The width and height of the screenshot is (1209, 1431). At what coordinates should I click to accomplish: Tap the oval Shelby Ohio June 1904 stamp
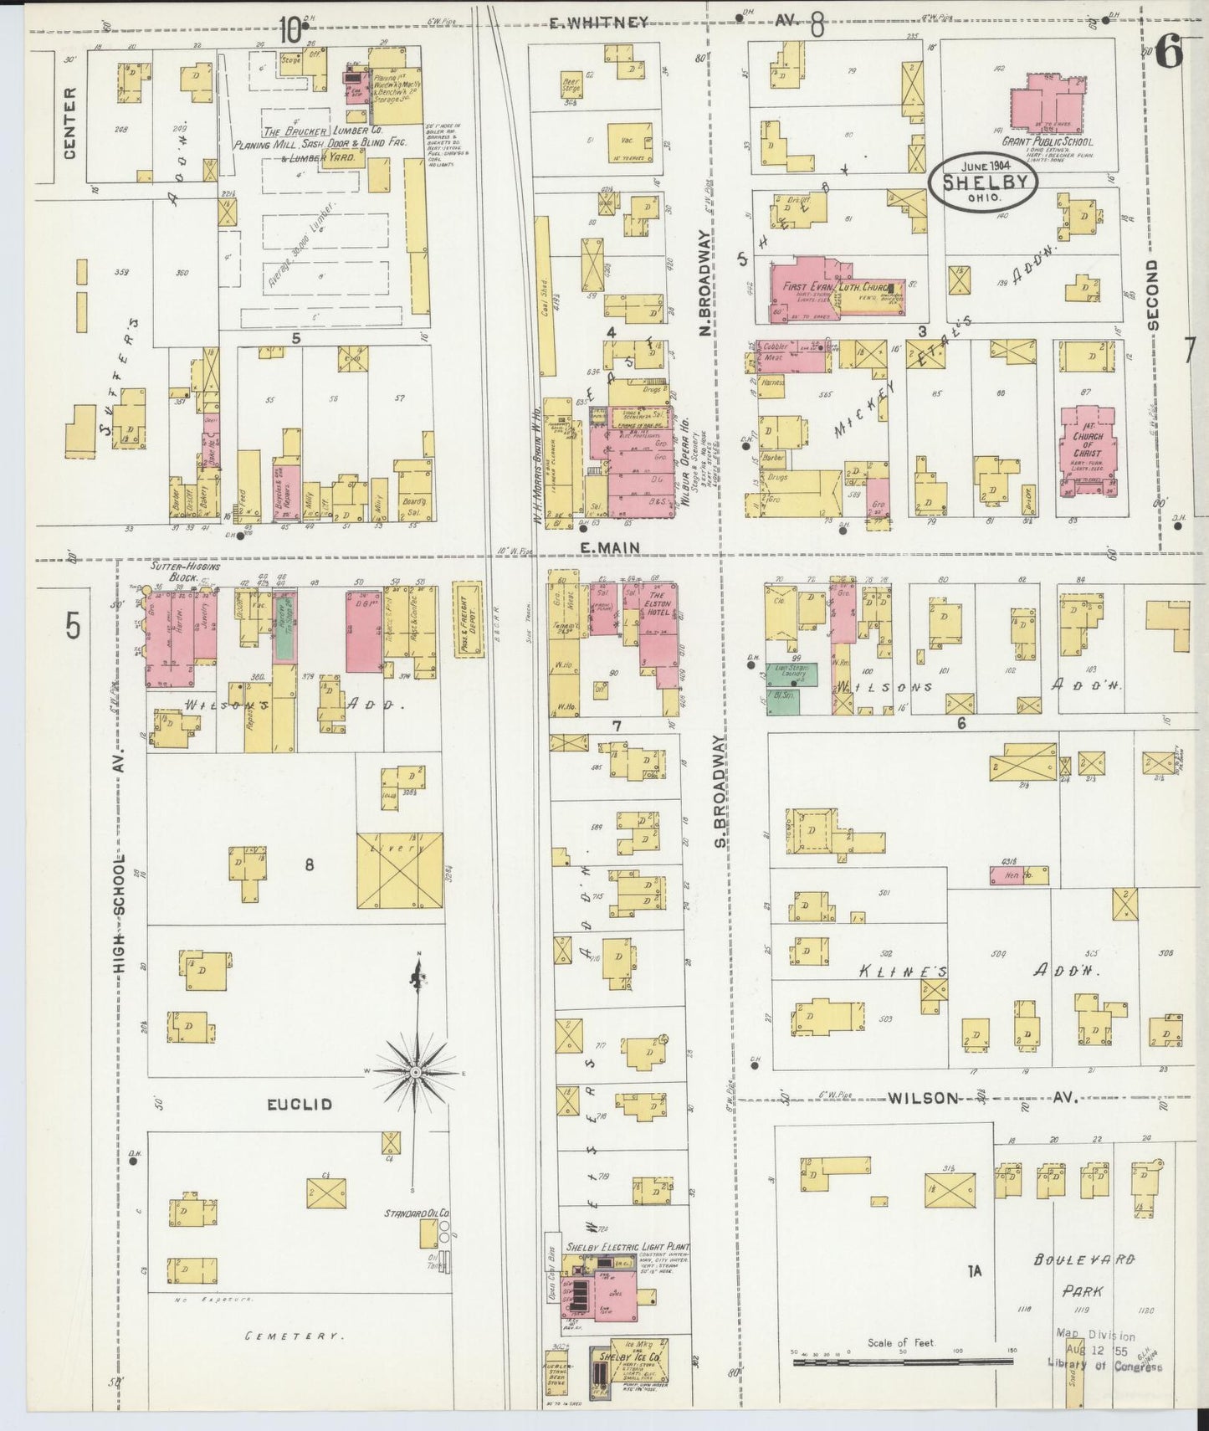(x=982, y=181)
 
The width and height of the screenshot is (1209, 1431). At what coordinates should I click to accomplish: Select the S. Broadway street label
(x=720, y=790)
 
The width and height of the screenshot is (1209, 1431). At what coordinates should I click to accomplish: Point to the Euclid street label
(x=300, y=1104)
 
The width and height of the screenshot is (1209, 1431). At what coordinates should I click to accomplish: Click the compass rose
(x=416, y=1071)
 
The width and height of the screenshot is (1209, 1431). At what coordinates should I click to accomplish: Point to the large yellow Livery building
(x=400, y=870)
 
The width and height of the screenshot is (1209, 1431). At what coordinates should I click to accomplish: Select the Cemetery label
(x=292, y=1337)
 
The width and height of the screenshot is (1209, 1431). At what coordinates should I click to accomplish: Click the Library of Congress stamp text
(x=1104, y=1367)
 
